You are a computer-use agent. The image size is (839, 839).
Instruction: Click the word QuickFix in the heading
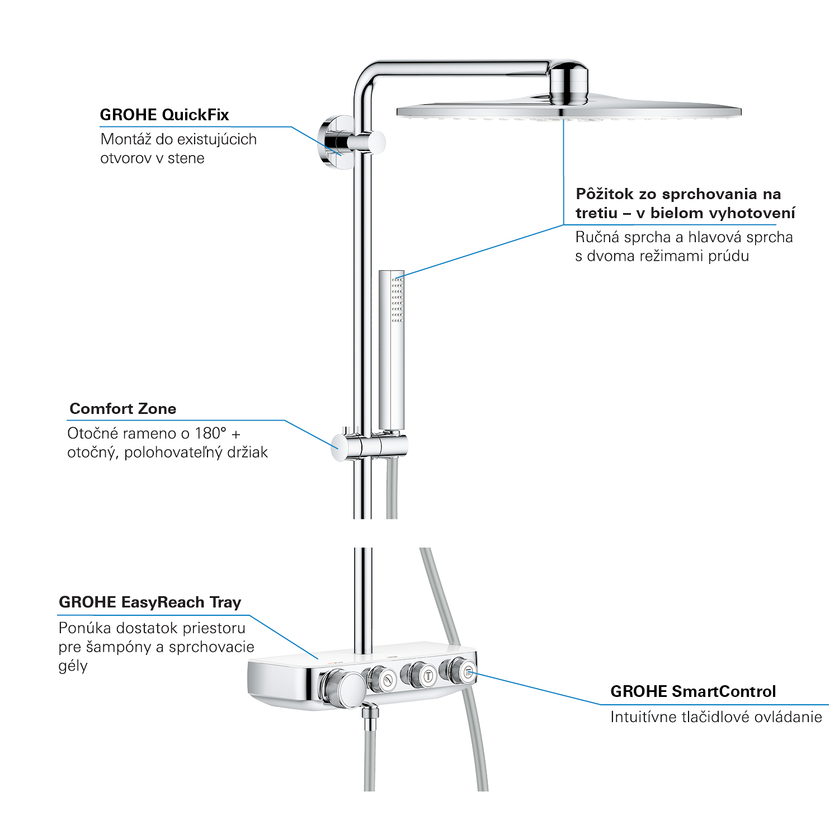(x=195, y=115)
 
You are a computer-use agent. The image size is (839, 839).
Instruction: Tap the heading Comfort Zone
(x=123, y=409)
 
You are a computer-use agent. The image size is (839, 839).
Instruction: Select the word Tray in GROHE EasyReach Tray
(x=225, y=602)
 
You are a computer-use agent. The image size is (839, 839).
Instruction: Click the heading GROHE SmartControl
(x=693, y=692)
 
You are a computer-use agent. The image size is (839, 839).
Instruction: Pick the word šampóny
(x=117, y=648)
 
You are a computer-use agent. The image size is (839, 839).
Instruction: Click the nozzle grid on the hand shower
(x=397, y=299)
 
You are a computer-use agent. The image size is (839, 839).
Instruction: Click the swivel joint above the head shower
(x=568, y=84)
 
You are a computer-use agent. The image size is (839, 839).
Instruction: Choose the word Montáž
(x=126, y=139)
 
